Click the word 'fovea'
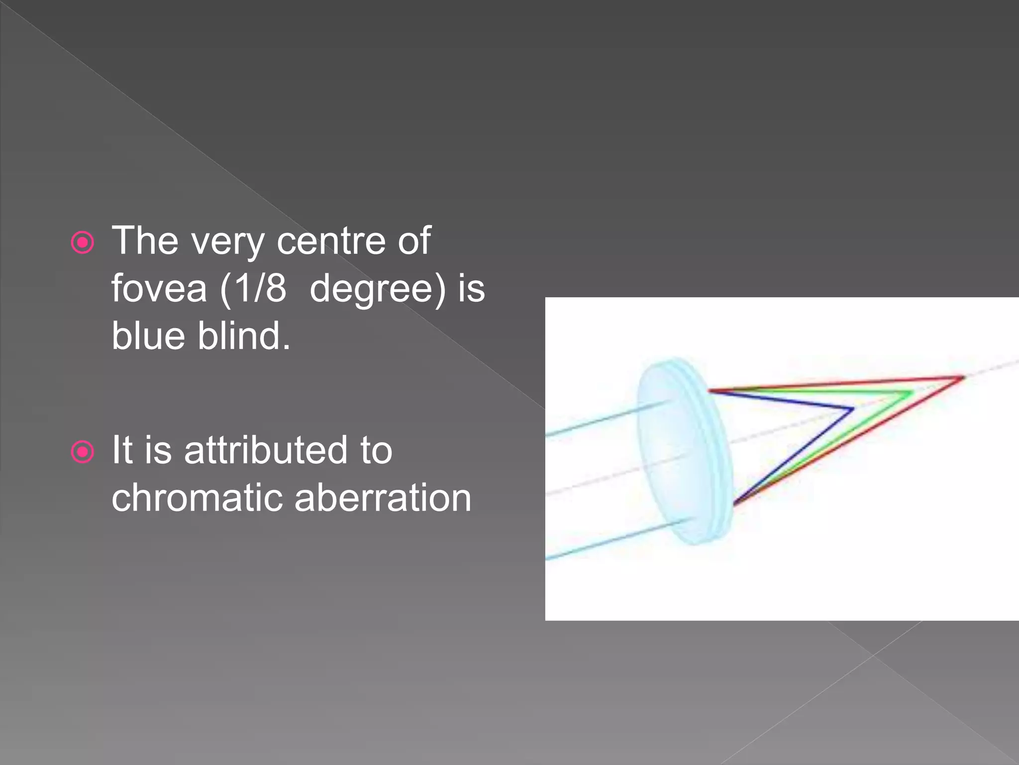click(159, 289)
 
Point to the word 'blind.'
click(244, 336)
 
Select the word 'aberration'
click(383, 498)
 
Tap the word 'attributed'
click(266, 450)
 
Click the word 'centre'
click(331, 242)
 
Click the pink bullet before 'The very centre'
click(83, 243)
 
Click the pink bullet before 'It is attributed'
click(83, 452)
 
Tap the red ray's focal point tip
click(963, 378)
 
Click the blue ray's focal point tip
click(853, 409)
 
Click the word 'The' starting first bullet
click(145, 242)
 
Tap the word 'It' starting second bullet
click(122, 450)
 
